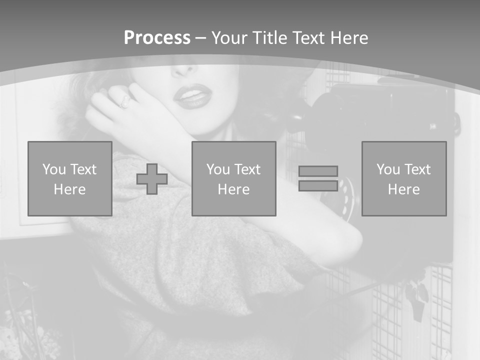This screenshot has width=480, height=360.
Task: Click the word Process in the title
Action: point(157,38)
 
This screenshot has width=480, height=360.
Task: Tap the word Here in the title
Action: point(348,38)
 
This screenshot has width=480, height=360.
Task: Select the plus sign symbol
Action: point(152,179)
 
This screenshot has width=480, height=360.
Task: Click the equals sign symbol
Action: point(318,178)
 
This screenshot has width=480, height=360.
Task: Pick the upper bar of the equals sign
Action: point(318,171)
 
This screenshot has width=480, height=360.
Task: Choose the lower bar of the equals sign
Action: point(318,185)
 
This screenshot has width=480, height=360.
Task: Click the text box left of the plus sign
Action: point(70,178)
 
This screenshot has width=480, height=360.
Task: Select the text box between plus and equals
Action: point(233,178)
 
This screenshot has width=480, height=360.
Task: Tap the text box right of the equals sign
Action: point(404,178)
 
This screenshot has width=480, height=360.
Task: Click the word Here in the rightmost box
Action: point(404,189)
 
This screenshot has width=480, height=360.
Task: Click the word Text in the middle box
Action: point(247,169)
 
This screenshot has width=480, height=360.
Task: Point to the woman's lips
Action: point(193,96)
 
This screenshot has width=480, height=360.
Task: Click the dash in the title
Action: point(201,38)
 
